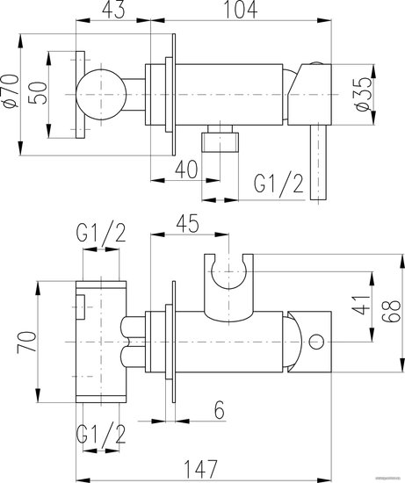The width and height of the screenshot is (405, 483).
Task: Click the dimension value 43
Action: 113,10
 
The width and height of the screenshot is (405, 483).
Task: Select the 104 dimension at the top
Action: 240,10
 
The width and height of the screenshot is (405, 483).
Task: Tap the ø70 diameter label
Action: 11,90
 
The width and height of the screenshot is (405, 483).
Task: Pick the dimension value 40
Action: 186,169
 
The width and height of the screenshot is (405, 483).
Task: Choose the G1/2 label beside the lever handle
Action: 278,185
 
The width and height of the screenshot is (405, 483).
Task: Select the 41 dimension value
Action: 361,305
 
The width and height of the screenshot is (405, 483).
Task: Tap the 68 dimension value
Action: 392,311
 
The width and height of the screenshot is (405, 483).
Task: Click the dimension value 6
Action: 220,410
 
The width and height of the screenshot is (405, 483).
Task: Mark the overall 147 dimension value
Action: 201,469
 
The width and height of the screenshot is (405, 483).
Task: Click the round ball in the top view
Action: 101,95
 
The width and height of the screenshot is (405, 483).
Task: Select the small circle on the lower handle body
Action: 316,342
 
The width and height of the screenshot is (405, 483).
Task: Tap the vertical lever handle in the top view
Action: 318,162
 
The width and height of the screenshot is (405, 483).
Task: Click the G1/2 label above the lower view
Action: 101,234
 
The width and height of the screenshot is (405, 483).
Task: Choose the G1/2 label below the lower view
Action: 101,434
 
